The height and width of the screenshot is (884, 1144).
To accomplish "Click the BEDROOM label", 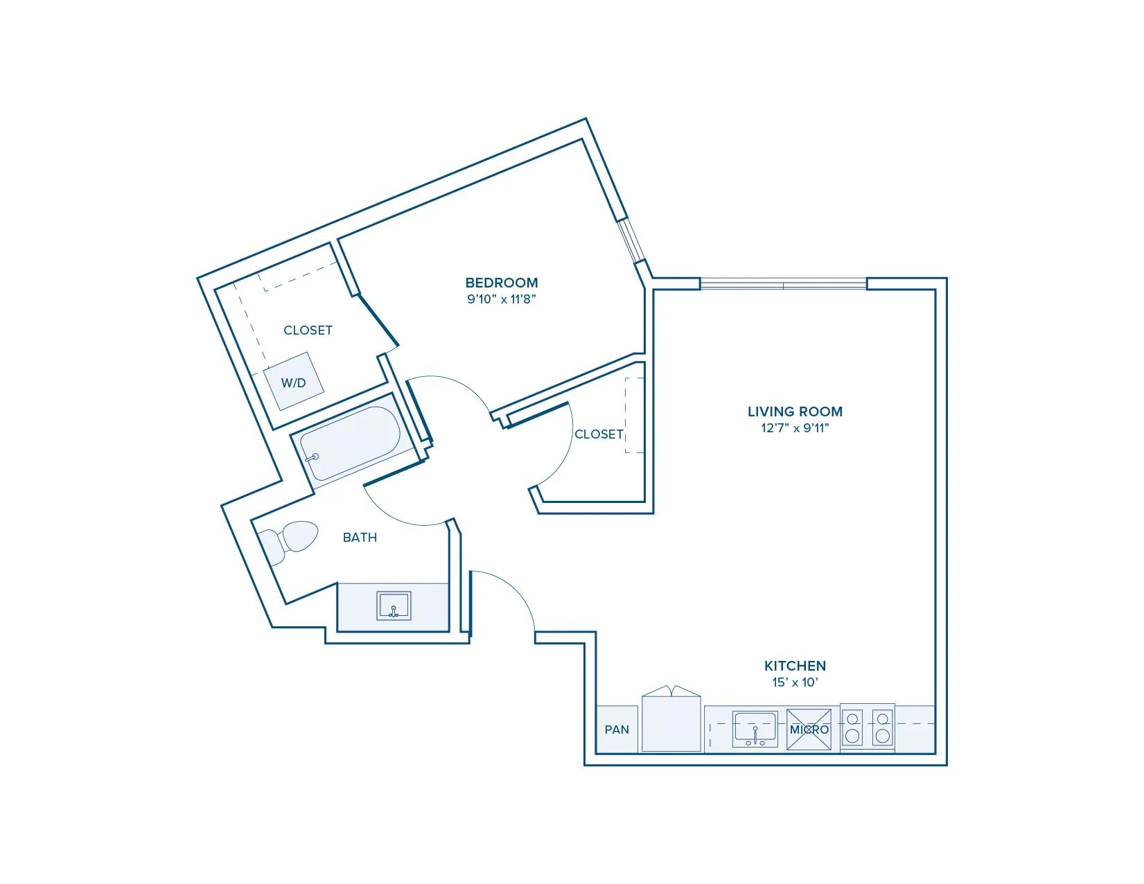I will [x=502, y=283].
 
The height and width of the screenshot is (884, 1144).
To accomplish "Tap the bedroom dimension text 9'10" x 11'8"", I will [x=502, y=299].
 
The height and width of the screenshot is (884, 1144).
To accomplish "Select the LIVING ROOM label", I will [x=795, y=412].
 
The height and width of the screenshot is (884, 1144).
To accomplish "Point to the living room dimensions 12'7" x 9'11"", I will [x=795, y=428].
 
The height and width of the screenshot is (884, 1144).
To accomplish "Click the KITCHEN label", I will [x=795, y=666].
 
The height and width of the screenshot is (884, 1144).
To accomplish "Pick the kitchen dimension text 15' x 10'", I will [x=795, y=682].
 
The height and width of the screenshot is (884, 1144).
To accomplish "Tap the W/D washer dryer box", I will [x=293, y=382].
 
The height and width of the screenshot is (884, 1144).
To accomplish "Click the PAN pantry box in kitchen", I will [x=617, y=730].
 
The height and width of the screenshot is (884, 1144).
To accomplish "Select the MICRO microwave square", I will [x=809, y=730].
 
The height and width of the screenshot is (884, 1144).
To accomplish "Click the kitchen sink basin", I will [x=755, y=729].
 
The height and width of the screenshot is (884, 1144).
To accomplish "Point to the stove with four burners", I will [x=868, y=727].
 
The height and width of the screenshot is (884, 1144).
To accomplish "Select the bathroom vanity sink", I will [x=394, y=605].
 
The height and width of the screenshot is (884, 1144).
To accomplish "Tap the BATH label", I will [x=360, y=538].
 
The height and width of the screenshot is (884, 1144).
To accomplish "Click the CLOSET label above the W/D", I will [x=308, y=330].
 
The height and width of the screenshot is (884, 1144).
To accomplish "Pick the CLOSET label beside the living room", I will [x=599, y=434].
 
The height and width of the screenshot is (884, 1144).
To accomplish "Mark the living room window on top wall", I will [x=783, y=283].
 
